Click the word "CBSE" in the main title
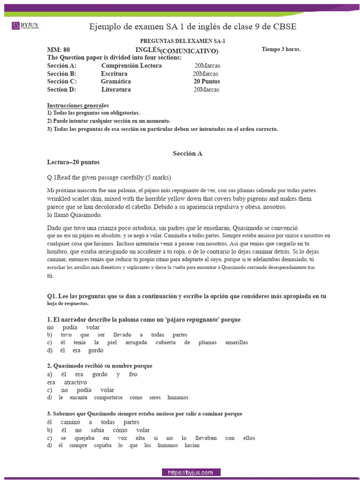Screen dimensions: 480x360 283,27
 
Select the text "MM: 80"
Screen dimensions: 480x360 59,50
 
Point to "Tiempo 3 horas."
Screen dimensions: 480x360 281,49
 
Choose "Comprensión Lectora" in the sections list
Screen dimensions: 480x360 131,66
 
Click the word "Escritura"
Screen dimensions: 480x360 114,74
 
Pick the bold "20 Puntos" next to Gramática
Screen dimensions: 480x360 207,82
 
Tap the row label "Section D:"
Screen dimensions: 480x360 61,90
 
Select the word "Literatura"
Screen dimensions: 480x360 116,90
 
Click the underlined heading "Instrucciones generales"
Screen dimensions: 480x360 78,105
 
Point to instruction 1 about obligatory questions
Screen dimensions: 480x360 93,113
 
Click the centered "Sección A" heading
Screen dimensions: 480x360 187,153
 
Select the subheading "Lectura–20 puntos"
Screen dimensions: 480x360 73,162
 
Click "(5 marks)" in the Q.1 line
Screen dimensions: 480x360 158,178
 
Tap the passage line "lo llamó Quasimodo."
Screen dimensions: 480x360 74,215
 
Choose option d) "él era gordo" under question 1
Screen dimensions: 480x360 75,351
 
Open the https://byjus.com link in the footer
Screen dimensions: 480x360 191,472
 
